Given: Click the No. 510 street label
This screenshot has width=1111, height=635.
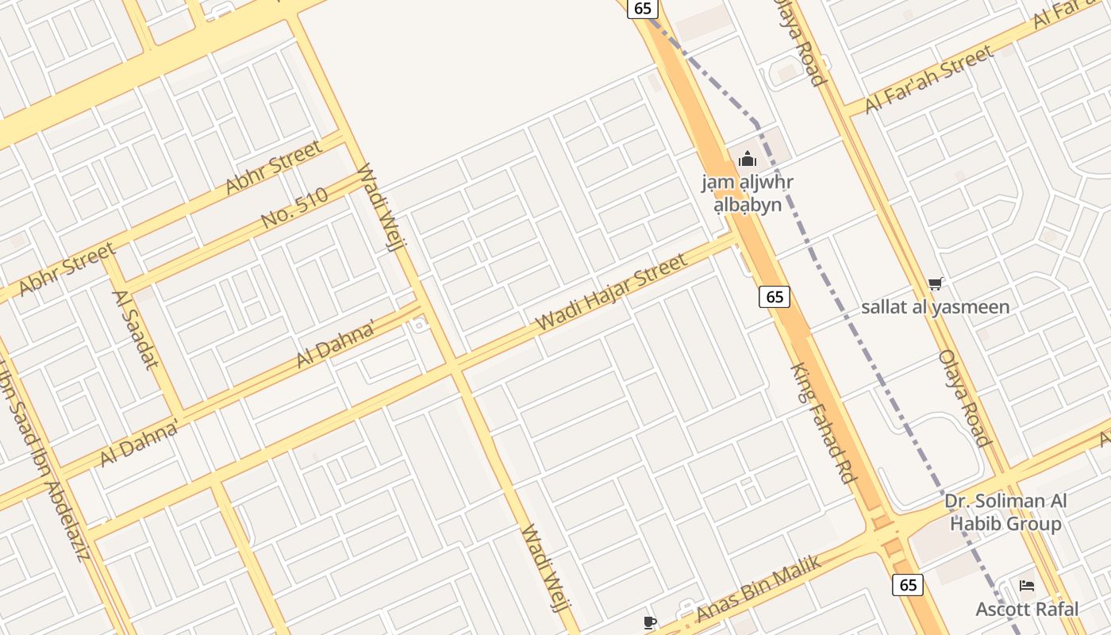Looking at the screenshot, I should click(x=294, y=208).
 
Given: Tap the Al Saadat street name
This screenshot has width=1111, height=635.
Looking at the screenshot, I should click(x=136, y=330).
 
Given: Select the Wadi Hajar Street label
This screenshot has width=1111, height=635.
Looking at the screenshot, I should click(x=611, y=293).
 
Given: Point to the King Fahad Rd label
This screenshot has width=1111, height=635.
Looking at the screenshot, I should click(x=824, y=424).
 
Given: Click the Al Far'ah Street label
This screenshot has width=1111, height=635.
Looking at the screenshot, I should click(x=928, y=79).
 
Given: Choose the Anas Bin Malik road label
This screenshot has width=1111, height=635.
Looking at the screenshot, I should click(x=758, y=588).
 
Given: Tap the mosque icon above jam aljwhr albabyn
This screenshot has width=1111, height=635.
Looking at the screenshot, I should click(x=747, y=160).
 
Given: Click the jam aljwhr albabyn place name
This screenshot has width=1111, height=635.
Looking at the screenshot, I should click(x=747, y=194).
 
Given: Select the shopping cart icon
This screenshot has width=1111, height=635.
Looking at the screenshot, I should click(x=936, y=283).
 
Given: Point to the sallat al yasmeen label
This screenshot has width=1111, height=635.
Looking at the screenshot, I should click(x=936, y=307).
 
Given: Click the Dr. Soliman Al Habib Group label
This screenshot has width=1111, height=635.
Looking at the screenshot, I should click(x=1005, y=512).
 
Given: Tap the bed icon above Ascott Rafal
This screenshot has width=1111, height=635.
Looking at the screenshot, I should click(x=1027, y=587).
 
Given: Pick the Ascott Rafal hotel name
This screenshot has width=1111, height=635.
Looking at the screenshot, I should click(x=1027, y=610).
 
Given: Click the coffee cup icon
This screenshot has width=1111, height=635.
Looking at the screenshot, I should click(x=650, y=622).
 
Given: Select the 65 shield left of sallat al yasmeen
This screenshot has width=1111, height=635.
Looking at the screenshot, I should click(x=775, y=297).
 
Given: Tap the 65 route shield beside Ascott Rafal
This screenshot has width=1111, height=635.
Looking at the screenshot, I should click(x=908, y=585).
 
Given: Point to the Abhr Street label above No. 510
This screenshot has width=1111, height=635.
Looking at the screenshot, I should click(x=274, y=167).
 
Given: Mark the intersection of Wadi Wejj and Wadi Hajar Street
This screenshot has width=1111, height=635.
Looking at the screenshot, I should click(x=455, y=369).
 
